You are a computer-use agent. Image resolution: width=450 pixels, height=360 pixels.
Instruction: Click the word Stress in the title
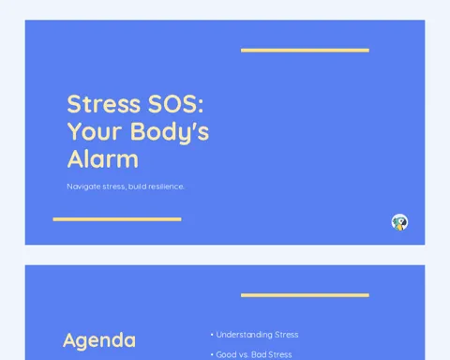coord(104,104)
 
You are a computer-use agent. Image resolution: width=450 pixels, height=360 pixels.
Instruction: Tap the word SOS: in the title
coord(175,104)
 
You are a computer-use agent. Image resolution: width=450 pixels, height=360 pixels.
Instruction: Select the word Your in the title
coord(95,131)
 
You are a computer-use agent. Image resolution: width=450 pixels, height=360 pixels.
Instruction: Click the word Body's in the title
coord(170,132)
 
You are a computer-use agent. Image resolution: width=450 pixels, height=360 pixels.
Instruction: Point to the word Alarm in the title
coord(103,159)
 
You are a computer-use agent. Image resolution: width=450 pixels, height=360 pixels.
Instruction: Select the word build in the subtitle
coord(137,187)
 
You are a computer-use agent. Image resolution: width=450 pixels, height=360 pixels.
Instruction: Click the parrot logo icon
coord(399,222)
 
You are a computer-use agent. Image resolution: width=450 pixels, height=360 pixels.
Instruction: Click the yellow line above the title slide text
coord(305,51)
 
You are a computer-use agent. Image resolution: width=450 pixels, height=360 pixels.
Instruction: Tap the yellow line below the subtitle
coord(117,219)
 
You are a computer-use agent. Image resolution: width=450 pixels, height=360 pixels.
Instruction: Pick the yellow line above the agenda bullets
coord(305,295)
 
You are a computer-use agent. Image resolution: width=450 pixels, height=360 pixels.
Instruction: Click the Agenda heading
coord(99,341)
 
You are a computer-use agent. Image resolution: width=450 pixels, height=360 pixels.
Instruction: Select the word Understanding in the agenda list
coord(244,335)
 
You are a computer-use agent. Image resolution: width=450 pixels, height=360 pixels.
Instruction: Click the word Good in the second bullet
coord(226,354)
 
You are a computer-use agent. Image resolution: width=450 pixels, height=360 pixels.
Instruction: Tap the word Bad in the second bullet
coord(259,354)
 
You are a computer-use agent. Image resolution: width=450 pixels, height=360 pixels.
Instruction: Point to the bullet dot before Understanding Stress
coord(212,335)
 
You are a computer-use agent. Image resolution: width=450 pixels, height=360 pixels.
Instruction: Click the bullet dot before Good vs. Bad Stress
coord(212,354)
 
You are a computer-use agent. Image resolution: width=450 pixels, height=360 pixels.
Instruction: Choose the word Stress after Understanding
coord(287,335)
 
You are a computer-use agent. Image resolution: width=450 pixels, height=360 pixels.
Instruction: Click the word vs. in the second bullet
coord(244,355)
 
